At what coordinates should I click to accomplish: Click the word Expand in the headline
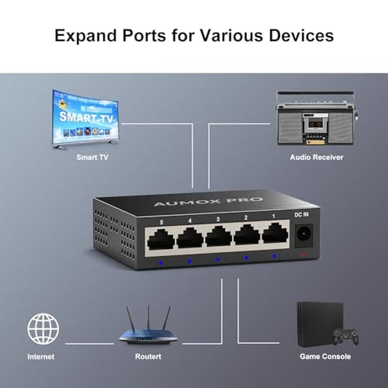click(85, 36)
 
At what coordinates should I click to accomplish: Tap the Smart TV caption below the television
click(92, 158)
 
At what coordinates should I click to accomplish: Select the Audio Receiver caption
click(317, 158)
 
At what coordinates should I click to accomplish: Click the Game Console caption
click(325, 357)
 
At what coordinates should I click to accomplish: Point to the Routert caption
click(148, 357)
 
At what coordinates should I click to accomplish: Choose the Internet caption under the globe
click(41, 357)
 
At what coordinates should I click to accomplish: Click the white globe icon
click(43, 329)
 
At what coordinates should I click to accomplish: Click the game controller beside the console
click(345, 336)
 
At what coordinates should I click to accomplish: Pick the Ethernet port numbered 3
click(218, 237)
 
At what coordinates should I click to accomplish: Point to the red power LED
click(304, 254)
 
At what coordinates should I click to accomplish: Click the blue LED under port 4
click(189, 261)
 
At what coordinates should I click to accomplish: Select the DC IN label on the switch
click(301, 215)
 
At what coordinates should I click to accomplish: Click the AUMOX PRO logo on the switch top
click(208, 201)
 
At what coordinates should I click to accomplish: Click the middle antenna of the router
click(149, 317)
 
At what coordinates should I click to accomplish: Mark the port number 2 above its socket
click(246, 218)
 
